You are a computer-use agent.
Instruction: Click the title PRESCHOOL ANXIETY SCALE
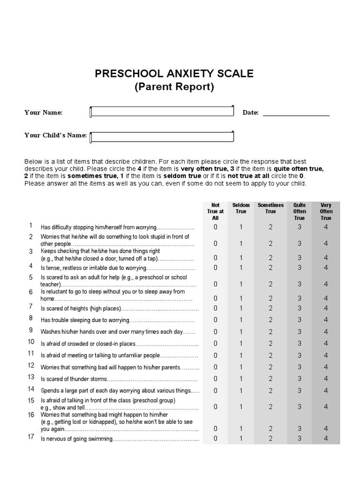[174, 74]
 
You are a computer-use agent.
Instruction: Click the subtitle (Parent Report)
[174, 87]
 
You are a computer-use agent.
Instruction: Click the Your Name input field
[162, 112]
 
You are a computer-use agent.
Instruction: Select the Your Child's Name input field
[162, 136]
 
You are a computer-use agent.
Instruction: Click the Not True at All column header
[216, 211]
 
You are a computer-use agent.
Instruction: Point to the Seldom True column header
[241, 208]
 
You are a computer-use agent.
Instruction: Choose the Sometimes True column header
[270, 208]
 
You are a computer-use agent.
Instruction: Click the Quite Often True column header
[299, 211]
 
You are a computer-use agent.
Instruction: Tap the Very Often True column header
[326, 211]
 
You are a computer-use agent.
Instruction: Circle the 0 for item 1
[216, 227]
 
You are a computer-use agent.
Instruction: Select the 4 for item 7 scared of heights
[326, 308]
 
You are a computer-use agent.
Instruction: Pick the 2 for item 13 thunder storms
[270, 379]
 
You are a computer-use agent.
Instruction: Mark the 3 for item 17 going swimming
[299, 439]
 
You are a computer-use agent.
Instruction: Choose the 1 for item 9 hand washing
[241, 332]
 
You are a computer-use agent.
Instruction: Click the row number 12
[31, 365]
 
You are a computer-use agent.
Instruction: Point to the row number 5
[31, 277]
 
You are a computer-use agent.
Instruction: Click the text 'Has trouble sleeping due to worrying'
[84, 321]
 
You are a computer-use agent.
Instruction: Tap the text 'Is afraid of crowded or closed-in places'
[88, 344]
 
